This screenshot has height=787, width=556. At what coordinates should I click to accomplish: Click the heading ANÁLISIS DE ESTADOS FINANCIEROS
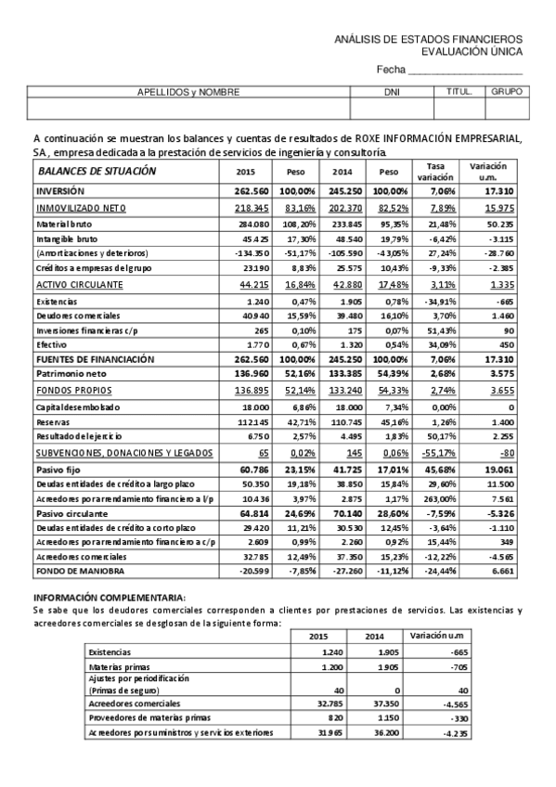pyautogui.click(x=428, y=39)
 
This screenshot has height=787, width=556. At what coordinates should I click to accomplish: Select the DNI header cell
pyautogui.click(x=391, y=92)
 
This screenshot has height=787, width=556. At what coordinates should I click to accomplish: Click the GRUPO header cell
pyautogui.click(x=507, y=92)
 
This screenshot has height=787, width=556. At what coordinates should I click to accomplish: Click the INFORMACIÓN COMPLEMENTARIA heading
pyautogui.click(x=109, y=597)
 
